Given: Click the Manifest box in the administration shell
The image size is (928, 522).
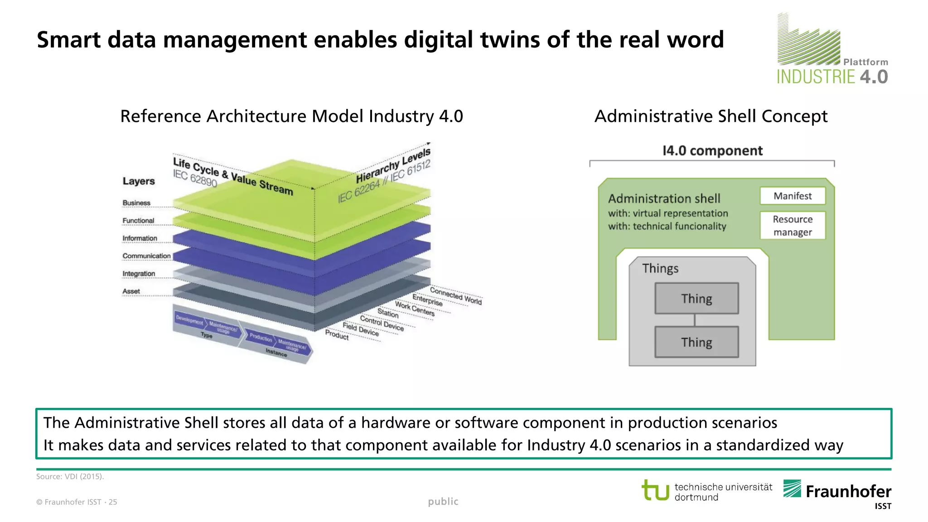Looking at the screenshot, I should (793, 196).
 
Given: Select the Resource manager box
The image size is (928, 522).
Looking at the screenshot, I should (793, 225).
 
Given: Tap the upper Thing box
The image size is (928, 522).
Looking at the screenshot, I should (696, 299).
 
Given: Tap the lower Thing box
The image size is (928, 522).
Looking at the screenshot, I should (696, 342).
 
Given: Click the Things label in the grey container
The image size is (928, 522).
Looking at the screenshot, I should (660, 268).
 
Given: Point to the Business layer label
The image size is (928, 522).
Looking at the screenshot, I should (136, 203).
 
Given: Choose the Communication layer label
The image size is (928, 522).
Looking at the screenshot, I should (146, 256).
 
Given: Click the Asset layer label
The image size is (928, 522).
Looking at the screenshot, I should (131, 291).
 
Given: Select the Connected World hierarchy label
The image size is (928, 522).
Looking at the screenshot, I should (455, 296).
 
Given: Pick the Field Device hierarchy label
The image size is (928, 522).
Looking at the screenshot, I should (361, 329).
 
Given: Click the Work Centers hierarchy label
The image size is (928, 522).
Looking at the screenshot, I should (415, 309).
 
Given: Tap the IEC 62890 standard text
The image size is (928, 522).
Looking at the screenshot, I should (195, 178).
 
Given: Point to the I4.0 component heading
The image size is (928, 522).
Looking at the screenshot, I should (712, 150).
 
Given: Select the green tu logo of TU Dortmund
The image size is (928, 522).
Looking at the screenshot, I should (655, 490).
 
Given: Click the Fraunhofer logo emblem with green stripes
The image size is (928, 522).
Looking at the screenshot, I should (792, 488).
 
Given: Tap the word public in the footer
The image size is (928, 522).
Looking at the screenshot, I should (443, 501).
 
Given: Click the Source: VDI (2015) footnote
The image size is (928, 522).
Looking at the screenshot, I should (70, 476).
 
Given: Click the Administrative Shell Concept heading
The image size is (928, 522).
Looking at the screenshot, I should (711, 116).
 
